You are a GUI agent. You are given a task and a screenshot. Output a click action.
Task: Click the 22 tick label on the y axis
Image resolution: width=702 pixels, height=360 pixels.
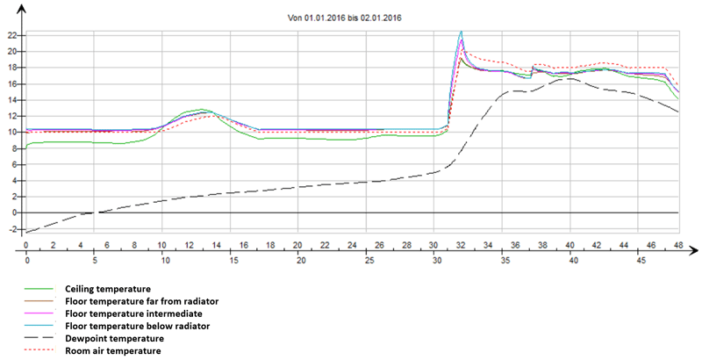(x=12, y=35)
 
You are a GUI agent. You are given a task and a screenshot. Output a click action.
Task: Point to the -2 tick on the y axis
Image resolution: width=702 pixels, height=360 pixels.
(x=12, y=230)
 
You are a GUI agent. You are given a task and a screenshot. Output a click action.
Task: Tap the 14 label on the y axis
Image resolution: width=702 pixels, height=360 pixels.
(x=12, y=100)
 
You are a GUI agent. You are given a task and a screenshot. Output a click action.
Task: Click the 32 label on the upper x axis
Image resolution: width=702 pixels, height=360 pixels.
(x=461, y=245)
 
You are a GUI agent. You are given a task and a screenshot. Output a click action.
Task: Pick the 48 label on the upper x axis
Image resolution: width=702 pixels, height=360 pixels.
(x=678, y=245)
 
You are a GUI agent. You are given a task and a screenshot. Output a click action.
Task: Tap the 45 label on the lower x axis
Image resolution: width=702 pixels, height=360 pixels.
(x=641, y=263)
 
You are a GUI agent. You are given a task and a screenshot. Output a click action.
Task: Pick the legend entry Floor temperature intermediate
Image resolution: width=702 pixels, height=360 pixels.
(x=129, y=313)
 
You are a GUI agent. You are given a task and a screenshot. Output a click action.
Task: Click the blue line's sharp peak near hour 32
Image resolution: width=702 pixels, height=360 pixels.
(x=462, y=32)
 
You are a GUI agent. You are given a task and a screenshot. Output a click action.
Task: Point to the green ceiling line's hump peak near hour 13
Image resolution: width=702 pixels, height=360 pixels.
(x=203, y=110)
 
